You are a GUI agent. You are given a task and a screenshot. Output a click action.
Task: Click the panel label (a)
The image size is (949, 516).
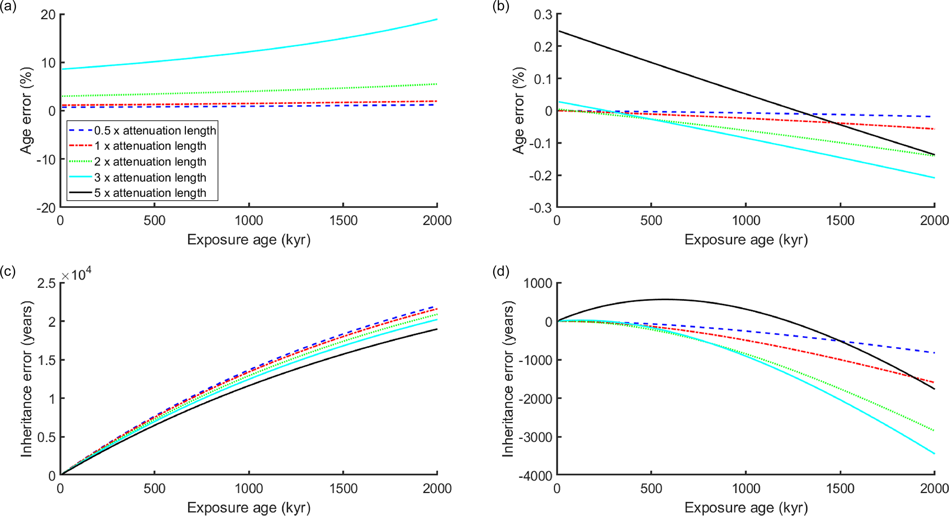pos(8,7)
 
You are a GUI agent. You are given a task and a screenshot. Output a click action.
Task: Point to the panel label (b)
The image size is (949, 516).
pos(501,7)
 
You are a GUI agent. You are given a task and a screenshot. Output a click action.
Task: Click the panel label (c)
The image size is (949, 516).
pos(8,271)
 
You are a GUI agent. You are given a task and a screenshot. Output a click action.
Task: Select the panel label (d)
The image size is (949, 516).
pos(501,271)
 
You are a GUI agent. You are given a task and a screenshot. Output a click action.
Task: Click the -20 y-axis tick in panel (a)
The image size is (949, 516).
pos(46,208)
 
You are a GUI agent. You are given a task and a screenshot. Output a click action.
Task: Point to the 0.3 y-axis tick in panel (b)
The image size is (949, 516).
pos(543,15)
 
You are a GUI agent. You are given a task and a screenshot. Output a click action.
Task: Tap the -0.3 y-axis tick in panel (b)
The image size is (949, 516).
pos(540,208)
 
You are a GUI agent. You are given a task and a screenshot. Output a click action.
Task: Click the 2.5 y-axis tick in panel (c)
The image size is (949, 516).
pos(46,283)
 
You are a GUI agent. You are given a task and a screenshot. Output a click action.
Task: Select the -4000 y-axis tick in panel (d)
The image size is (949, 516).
pos(535,476)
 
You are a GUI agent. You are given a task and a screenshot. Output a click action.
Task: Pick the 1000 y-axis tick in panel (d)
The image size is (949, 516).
pos(538,283)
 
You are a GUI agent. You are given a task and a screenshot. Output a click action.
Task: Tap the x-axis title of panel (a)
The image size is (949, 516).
pos(249,240)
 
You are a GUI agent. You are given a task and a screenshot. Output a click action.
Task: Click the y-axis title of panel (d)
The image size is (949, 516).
pos(508,379)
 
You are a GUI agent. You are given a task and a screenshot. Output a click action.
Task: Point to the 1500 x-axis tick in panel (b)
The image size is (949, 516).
pos(840,221)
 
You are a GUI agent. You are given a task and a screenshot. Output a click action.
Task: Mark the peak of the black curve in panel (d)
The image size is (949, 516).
pos(665,299)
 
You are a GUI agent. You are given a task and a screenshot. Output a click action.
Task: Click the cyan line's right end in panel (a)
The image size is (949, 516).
pos(437,19)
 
